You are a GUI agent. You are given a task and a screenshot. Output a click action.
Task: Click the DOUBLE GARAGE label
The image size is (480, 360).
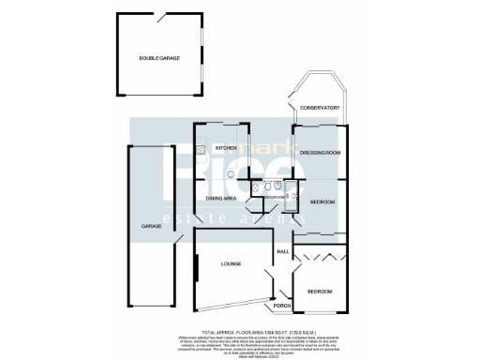click(x=159, y=58)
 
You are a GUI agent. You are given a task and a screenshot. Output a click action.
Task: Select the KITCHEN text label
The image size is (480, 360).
click(x=226, y=148)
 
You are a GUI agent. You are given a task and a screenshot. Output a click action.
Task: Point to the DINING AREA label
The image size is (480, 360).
click(x=221, y=199)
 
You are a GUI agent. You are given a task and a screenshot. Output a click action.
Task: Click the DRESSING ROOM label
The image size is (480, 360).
click(x=319, y=152)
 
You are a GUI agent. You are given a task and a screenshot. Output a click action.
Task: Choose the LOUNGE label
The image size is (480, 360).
click(x=232, y=263)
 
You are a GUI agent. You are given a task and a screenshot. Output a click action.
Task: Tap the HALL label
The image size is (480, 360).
click(x=282, y=251)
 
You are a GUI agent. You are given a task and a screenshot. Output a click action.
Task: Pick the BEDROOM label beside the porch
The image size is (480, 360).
click(x=320, y=292)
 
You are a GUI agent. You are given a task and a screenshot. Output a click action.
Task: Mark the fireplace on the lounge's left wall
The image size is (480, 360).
click(x=195, y=264)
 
